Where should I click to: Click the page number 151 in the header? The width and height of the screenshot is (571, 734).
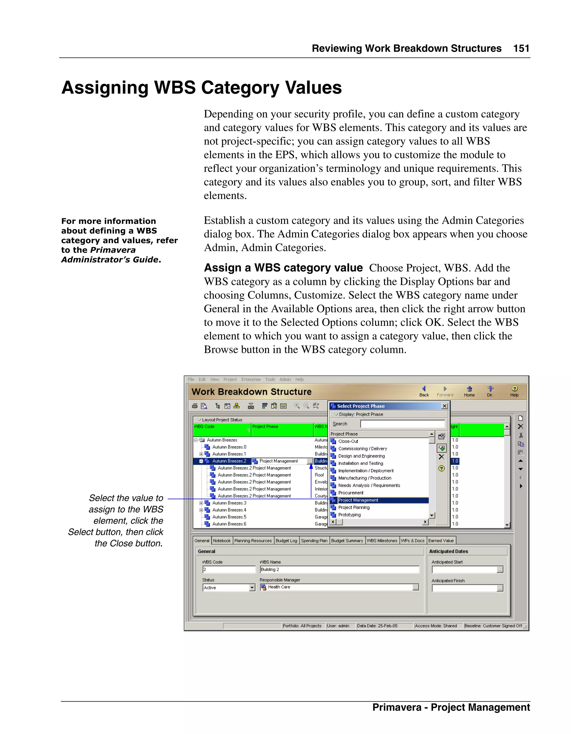pyautogui.click(x=521, y=49)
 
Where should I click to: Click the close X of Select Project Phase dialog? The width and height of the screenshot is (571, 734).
pyautogui.click(x=444, y=406)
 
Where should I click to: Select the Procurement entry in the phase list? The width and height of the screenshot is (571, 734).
pyautogui.click(x=350, y=493)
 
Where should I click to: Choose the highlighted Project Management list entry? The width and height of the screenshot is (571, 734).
pyautogui.click(x=358, y=500)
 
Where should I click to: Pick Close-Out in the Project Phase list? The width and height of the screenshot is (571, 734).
pyautogui.click(x=348, y=441)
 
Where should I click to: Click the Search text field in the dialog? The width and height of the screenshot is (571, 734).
pyautogui.click(x=402, y=424)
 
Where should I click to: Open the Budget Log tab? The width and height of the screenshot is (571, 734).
pyautogui.click(x=286, y=541)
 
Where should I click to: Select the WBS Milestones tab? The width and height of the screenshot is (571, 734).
pyautogui.click(x=382, y=541)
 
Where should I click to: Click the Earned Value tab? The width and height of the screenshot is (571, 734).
pyautogui.click(x=441, y=541)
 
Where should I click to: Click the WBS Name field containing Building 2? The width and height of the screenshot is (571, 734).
pyautogui.click(x=339, y=569)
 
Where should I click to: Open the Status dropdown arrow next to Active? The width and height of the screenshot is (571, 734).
pyautogui.click(x=252, y=587)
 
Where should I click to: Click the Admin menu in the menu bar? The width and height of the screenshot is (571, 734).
pyautogui.click(x=285, y=379)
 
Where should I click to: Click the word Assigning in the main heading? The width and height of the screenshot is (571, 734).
pyautogui.click(x=105, y=88)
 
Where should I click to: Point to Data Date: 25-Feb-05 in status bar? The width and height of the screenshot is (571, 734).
pyautogui.click(x=377, y=626)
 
